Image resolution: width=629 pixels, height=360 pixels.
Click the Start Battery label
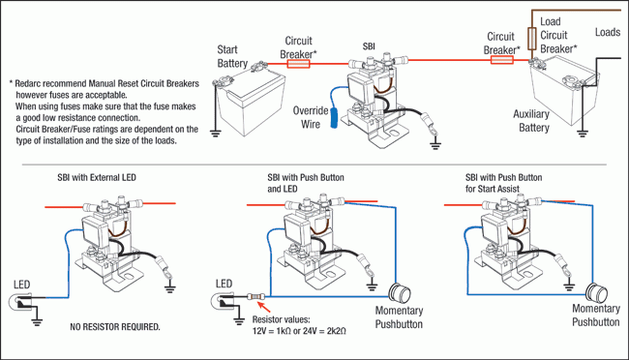(x=232, y=56)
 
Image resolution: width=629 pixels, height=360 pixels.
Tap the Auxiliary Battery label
(x=531, y=121)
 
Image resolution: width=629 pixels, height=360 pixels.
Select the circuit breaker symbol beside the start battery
(x=298, y=64)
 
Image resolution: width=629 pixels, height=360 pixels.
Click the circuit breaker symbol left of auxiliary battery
(x=502, y=60)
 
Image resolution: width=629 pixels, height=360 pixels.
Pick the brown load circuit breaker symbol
(x=532, y=39)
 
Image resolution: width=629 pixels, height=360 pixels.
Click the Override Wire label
(x=311, y=117)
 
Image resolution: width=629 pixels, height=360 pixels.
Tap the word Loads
(x=608, y=32)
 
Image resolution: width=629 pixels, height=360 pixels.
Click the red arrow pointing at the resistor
(x=263, y=307)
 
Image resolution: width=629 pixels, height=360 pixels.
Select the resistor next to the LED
(x=255, y=297)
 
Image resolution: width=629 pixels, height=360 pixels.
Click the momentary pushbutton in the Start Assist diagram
(x=596, y=293)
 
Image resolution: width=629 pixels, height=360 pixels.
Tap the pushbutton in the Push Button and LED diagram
(x=400, y=294)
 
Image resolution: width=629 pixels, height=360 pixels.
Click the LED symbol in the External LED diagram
(x=21, y=301)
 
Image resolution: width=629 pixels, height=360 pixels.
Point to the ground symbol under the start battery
(x=216, y=134)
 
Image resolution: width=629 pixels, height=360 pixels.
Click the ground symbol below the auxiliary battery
(x=582, y=134)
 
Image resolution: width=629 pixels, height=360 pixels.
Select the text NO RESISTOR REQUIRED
(x=115, y=327)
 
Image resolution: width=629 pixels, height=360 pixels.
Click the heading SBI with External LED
(x=97, y=177)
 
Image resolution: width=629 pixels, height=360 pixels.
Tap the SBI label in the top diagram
(x=369, y=46)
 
